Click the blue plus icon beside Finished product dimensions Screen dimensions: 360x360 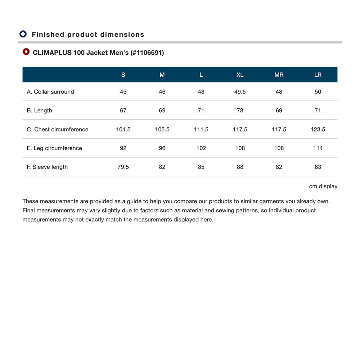[23, 34]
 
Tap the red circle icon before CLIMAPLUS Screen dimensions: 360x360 [26, 52]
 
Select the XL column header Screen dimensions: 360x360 [240, 75]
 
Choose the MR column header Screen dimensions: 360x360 [279, 75]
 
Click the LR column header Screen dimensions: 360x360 [318, 75]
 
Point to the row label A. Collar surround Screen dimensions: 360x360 [50, 92]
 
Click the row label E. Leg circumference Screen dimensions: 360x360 [54, 148]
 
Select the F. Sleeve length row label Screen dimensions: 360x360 [47, 167]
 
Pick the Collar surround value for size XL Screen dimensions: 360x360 [240, 92]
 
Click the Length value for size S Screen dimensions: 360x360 [123, 111]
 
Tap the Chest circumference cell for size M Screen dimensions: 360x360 [162, 130]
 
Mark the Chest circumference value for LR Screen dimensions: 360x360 [318, 130]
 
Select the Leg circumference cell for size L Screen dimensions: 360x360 [201, 148]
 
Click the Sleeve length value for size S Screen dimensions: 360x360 [123, 167]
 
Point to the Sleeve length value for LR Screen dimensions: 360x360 [318, 167]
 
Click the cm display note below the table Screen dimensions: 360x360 [323, 186]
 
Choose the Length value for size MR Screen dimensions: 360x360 [279, 111]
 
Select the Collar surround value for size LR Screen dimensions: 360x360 [318, 92]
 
